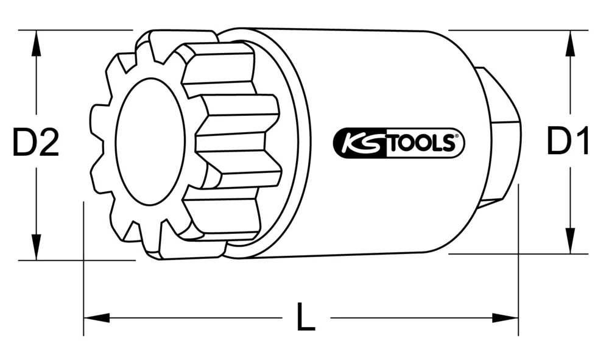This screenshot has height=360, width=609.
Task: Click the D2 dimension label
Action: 36,144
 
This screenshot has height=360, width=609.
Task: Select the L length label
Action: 306,317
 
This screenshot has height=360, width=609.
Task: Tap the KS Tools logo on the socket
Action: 399,144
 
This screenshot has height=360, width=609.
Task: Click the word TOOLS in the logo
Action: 420,144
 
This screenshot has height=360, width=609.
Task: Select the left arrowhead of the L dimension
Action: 93,317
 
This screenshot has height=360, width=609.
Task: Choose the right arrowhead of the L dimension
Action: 509,317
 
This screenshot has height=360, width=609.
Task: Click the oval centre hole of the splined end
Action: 149,141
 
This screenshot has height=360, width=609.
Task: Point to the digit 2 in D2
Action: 48,144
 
